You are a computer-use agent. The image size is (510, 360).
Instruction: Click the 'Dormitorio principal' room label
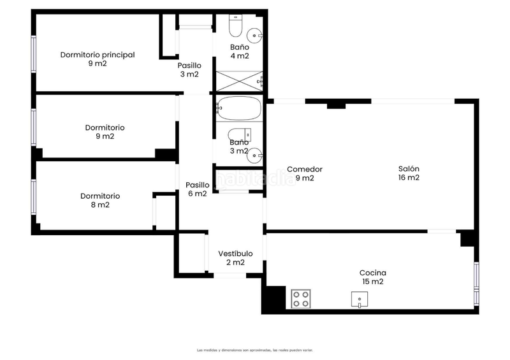(x=98, y=55)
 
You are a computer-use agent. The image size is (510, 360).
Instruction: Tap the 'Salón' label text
(x=409, y=169)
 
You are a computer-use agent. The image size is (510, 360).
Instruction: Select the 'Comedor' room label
(x=304, y=169)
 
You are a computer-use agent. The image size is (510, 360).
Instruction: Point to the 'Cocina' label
(x=373, y=273)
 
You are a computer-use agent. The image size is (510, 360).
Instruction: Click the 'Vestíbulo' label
(x=235, y=254)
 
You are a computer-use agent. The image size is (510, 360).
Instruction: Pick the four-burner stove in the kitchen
(x=300, y=298)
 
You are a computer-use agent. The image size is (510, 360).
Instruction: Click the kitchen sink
(x=360, y=299)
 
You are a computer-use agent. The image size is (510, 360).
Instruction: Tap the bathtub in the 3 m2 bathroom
(x=239, y=108)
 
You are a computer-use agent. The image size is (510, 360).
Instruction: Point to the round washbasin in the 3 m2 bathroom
(x=256, y=154)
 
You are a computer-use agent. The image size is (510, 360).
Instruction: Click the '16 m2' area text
(x=409, y=178)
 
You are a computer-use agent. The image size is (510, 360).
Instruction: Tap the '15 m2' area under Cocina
(x=373, y=282)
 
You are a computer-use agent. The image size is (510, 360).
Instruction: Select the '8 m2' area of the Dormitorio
(x=100, y=205)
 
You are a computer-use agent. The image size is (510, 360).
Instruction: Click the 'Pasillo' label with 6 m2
(x=196, y=185)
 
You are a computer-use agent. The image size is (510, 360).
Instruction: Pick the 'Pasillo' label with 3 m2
(x=189, y=65)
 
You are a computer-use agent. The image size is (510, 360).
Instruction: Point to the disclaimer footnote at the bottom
(x=255, y=350)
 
